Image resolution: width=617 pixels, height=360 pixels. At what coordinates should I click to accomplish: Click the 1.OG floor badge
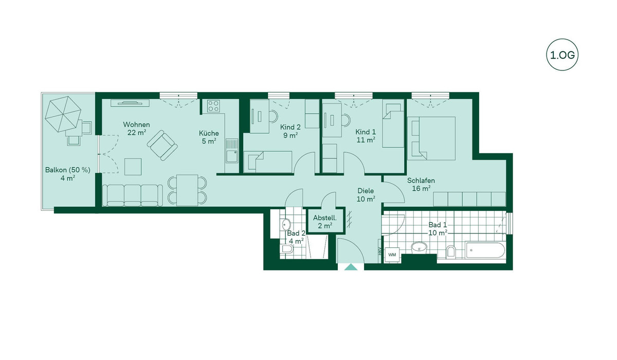562,55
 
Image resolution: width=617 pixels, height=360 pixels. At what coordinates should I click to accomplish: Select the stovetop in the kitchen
213,106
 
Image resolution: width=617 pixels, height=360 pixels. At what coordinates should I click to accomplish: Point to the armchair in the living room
162,145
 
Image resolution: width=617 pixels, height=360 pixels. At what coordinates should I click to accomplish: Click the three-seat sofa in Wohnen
133,195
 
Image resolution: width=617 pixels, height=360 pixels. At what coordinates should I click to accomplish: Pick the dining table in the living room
187,190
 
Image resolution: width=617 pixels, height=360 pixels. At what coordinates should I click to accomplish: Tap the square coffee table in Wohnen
133,167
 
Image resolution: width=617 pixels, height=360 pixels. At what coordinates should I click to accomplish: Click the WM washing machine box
392,255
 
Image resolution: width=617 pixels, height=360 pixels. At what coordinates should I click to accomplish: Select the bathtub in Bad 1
485,250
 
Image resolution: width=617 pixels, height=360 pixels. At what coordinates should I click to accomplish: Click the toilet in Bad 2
287,249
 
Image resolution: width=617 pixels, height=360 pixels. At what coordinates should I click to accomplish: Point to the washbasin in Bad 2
286,224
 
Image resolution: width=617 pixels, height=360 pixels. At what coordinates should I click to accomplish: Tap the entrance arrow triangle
351,267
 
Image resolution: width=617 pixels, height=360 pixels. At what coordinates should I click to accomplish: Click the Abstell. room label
325,218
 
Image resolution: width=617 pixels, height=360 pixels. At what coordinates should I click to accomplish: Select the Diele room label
366,191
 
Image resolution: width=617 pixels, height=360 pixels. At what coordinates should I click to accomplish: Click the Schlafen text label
421,181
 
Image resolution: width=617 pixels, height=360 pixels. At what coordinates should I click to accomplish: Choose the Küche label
209,133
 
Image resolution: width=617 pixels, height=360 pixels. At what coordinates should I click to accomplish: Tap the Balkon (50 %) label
68,170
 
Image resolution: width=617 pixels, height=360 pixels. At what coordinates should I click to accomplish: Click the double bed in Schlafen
431,138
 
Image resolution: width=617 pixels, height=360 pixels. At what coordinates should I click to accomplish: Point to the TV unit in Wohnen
130,103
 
